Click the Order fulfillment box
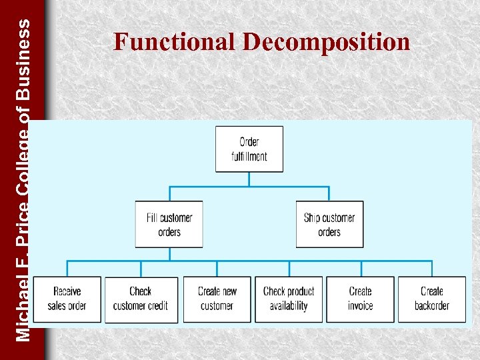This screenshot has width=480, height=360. pos(249,149)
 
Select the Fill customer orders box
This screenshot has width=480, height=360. pos(169,225)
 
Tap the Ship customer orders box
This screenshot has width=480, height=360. pos(329,225)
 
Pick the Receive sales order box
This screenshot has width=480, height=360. pos(67,299)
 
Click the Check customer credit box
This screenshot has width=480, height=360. pos(141,299)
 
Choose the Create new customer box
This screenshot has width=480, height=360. pos(217,299)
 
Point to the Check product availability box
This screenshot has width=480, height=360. pos(289,299)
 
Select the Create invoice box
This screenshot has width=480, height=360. pos(360,299)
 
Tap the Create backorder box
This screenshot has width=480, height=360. pos(432,299)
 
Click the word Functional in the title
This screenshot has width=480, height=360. pos(176,42)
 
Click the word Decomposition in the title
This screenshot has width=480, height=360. pos(326,42)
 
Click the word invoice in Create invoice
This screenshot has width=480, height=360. pos(360,306)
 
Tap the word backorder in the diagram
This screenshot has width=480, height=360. pos(432,306)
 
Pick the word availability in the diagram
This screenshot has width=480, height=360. pos(289,306)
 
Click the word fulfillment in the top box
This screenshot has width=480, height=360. pos(249,157)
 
